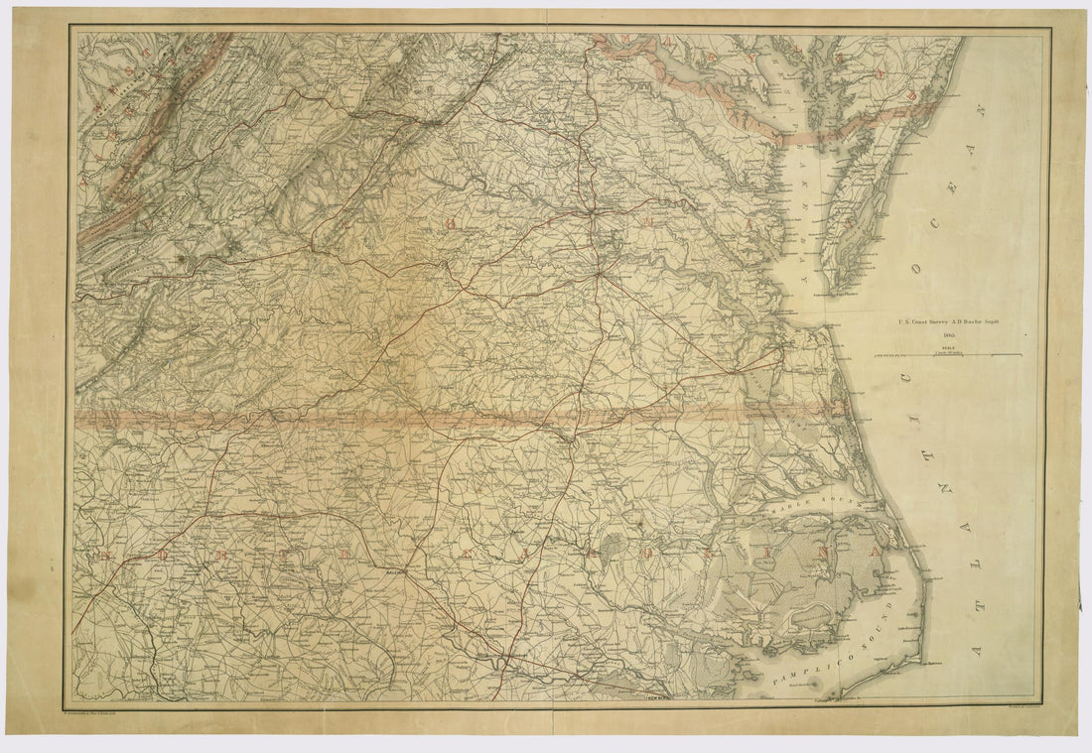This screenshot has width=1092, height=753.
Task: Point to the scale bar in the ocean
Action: click(948, 354)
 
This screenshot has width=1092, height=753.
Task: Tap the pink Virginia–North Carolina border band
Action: click(397, 417)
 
